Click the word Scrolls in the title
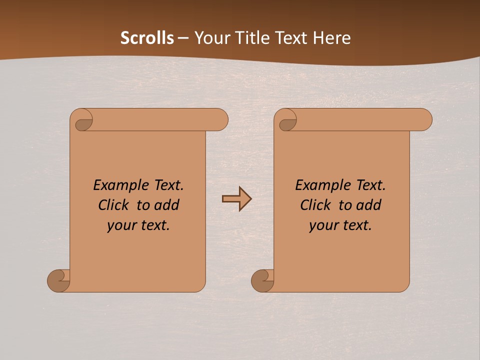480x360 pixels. tap(147, 38)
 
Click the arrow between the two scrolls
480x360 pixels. tap(236, 199)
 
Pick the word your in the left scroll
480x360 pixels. tap(121, 225)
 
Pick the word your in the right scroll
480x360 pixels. tap(323, 225)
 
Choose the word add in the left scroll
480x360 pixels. tap(166, 205)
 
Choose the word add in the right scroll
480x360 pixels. tap(368, 205)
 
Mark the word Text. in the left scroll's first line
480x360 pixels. tap(168, 185)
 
